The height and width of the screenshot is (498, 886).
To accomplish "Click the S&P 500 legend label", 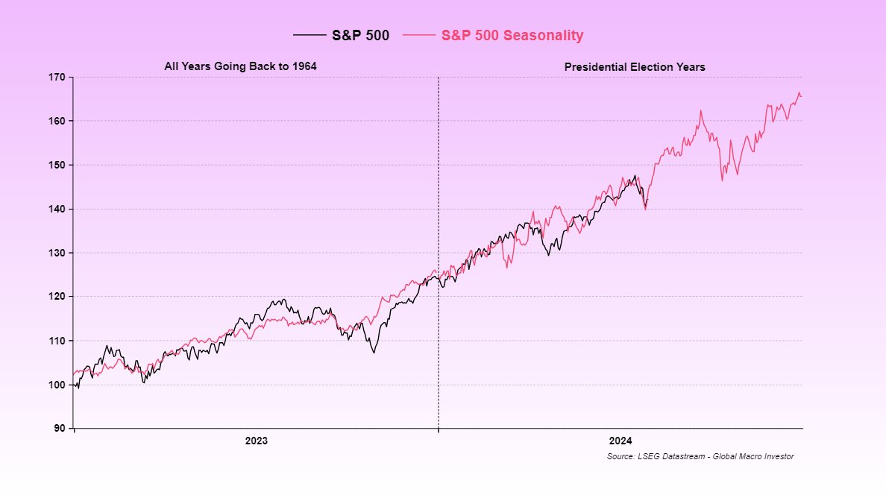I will [360, 35].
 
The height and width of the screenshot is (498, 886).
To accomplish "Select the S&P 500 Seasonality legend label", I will [512, 35].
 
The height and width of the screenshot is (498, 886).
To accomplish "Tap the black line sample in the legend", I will [310, 35].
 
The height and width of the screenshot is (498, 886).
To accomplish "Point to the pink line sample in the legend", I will [418, 35].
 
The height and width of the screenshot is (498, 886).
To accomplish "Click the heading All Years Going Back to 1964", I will [240, 66].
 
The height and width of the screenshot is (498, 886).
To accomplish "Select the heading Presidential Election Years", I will [635, 66].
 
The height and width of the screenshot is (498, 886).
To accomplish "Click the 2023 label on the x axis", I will [256, 441].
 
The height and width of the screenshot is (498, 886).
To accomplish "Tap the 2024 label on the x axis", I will [620, 441].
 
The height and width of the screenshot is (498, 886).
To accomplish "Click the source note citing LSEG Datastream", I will [700, 456].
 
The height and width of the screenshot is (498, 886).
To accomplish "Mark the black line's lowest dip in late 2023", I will [374, 352].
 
